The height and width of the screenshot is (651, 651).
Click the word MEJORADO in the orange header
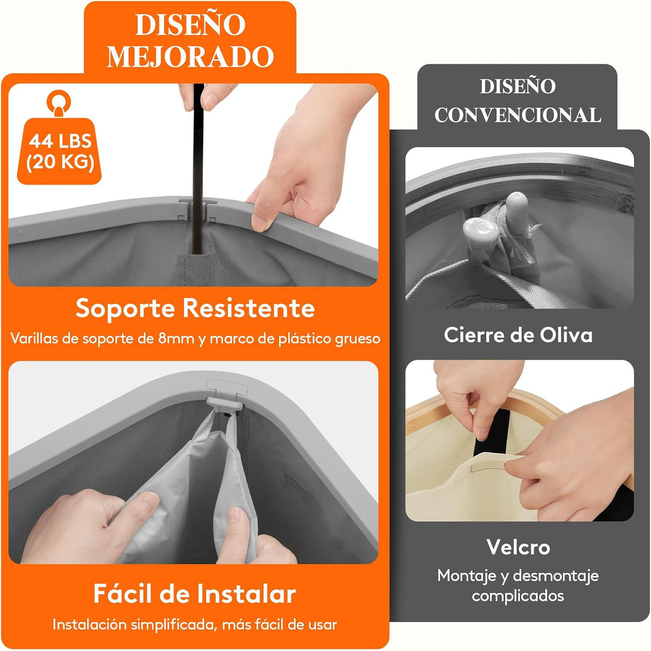point(190,56)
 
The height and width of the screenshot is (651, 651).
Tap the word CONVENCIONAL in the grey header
point(518,115)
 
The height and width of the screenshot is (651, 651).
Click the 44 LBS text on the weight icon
point(60,141)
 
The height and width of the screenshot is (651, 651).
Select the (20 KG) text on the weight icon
point(60,163)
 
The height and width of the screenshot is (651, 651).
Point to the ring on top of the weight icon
point(59,100)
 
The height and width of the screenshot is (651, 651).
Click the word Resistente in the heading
point(250,308)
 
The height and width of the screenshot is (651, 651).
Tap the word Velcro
point(518,547)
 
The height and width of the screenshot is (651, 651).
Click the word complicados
point(518,596)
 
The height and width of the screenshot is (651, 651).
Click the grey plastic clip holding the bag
point(224,404)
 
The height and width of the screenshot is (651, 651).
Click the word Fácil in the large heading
point(123,594)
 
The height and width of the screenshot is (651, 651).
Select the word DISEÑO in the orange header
point(190,25)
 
